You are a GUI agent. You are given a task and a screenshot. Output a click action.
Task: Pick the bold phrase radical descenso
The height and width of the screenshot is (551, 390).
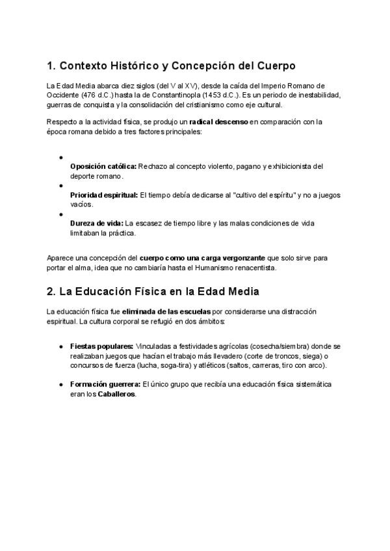click(218, 122)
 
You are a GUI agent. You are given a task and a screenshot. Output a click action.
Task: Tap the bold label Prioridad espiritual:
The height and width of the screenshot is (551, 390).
click(104, 195)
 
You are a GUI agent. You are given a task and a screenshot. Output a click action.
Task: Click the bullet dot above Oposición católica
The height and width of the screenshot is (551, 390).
click(60, 157)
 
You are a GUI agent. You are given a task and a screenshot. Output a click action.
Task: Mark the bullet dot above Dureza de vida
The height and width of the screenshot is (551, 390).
click(60, 214)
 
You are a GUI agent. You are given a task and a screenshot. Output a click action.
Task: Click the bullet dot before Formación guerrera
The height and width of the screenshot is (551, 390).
click(60, 385)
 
